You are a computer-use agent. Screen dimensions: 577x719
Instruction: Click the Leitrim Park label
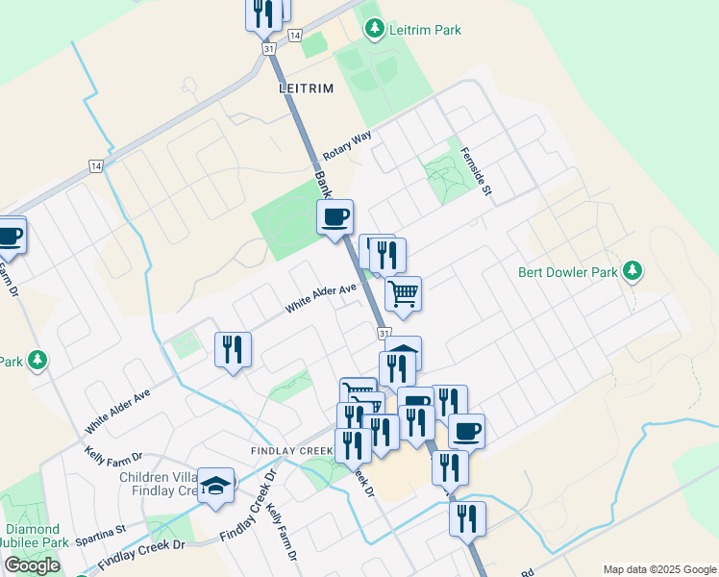pos(425,30)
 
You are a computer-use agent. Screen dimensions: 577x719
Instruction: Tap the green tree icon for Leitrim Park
pos(375,30)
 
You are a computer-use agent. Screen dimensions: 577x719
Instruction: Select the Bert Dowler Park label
pos(567,272)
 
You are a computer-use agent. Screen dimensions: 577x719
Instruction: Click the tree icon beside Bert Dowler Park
pos(632,272)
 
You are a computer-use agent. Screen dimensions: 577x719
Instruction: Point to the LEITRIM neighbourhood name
pos(306,88)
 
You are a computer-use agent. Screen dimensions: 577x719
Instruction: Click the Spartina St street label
pos(101,529)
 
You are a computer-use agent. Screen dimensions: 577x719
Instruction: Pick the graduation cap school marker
pos(216,484)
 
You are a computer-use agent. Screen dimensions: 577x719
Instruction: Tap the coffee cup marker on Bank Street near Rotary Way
pos(335,216)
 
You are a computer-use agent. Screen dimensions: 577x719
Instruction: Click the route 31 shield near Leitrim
pos(267,48)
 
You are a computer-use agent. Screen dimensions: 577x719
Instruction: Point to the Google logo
pos(33,565)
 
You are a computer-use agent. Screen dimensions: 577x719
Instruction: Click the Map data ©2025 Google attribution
pos(659,569)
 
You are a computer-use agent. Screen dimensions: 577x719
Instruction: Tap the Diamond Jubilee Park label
pos(35,536)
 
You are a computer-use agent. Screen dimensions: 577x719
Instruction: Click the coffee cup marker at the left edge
pos(9,235)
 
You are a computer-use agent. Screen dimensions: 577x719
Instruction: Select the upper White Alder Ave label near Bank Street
pos(321,297)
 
